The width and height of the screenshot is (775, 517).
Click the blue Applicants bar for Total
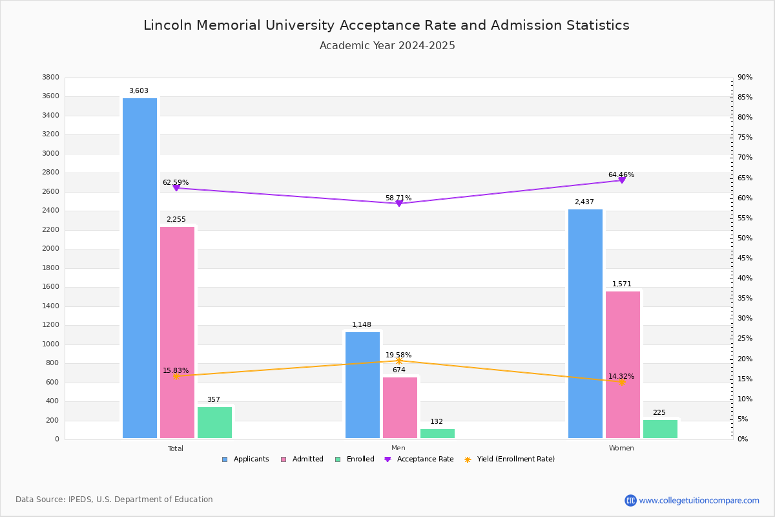click(x=139, y=268)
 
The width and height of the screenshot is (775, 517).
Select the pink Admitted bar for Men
click(x=400, y=408)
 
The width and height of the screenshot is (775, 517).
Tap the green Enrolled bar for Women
click(x=660, y=429)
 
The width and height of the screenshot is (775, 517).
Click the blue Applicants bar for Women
click(x=585, y=324)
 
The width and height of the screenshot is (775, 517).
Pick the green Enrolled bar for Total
click(x=214, y=423)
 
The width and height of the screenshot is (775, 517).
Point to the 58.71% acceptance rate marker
click(x=399, y=204)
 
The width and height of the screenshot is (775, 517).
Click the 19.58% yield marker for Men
click(x=399, y=361)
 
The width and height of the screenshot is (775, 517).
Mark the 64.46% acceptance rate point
click(x=622, y=180)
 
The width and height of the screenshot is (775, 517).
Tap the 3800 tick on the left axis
click(x=50, y=78)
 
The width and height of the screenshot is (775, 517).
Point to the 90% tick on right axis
click(x=745, y=78)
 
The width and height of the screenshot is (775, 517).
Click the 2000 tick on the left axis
click(x=50, y=249)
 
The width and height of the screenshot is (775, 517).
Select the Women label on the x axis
click(x=621, y=448)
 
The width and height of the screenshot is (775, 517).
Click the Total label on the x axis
click(x=176, y=448)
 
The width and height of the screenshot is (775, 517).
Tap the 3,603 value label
click(x=139, y=91)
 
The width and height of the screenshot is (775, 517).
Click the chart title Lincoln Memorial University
click(x=386, y=26)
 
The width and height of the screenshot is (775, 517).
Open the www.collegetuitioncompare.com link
click(x=699, y=500)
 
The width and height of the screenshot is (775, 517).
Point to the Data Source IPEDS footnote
click(x=114, y=500)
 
